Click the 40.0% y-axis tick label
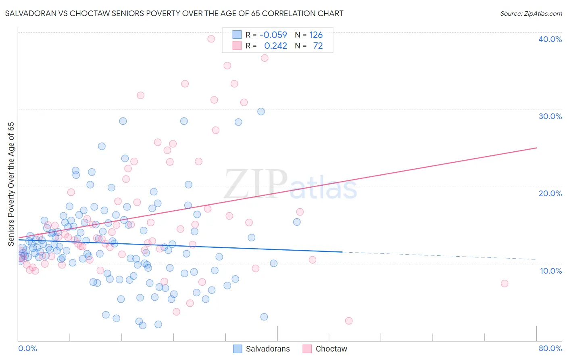pyautogui.click(x=550, y=39)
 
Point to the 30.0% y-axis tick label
pyautogui.click(x=550, y=116)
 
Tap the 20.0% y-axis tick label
pyautogui.click(x=550, y=193)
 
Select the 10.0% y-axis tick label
pyautogui.click(x=550, y=271)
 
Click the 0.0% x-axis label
pyautogui.click(x=27, y=348)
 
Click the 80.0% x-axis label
pyautogui.click(x=550, y=348)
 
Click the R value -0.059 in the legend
pyautogui.click(x=273, y=35)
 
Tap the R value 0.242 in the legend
pyautogui.click(x=275, y=46)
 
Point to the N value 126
pyautogui.click(x=316, y=35)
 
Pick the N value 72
pyautogui.click(x=318, y=46)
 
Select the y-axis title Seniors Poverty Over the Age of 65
pyautogui.click(x=11, y=184)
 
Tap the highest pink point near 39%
pyautogui.click(x=211, y=39)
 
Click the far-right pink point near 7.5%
pyautogui.click(x=504, y=283)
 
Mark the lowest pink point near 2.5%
pyautogui.click(x=349, y=321)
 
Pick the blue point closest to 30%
pyautogui.click(x=261, y=111)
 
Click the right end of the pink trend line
pyautogui.click(x=536, y=148)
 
